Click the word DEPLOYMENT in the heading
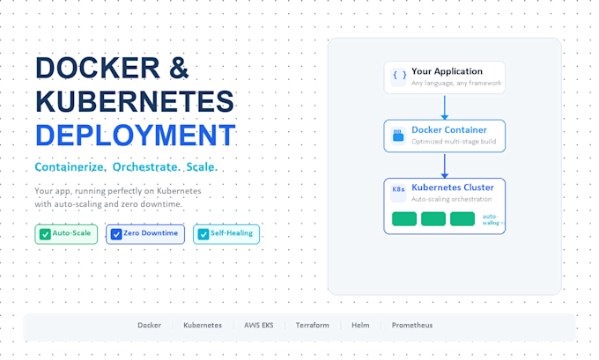(x=136, y=136)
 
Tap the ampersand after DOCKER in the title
(x=179, y=68)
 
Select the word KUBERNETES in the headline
(x=135, y=101)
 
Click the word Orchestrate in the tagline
(x=145, y=167)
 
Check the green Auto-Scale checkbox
(x=45, y=234)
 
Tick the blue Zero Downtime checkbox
(x=116, y=234)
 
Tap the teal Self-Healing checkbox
(x=203, y=234)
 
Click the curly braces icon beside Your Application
(x=398, y=77)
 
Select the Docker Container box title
(x=449, y=129)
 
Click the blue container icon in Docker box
(x=398, y=136)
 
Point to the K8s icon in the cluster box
(x=398, y=189)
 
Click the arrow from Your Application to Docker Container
(x=444, y=107)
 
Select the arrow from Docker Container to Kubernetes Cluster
(x=444, y=166)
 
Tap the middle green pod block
(x=433, y=219)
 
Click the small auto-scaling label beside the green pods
(x=493, y=219)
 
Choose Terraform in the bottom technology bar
(x=312, y=326)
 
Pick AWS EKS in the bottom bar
(x=259, y=326)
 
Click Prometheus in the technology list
(x=412, y=326)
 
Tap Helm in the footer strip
(x=360, y=326)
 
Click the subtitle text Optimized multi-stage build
(x=454, y=142)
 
